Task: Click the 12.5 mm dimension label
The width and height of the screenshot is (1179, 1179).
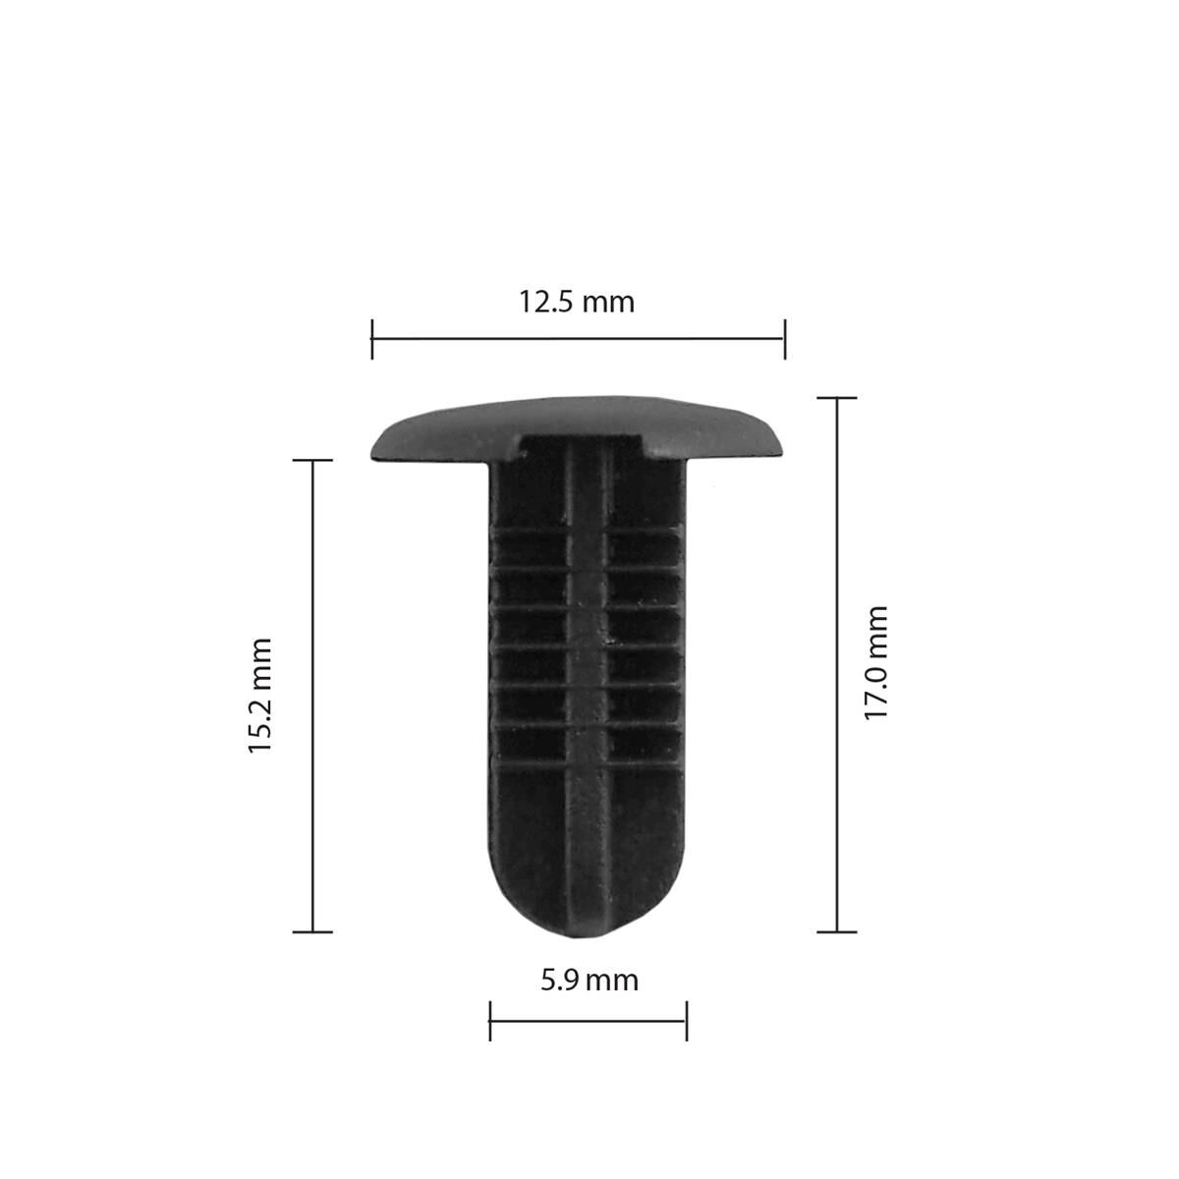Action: click(577, 302)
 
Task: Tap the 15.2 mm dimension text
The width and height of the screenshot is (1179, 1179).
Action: click(259, 695)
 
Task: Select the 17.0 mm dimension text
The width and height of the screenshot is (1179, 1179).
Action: click(875, 663)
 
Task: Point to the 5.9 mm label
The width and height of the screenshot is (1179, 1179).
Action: click(589, 980)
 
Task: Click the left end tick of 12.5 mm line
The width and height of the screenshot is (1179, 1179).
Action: click(372, 339)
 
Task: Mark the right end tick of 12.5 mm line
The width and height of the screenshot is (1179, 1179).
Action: click(784, 339)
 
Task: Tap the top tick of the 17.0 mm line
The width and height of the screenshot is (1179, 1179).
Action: click(837, 398)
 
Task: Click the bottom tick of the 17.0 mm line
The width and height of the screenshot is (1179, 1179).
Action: click(837, 931)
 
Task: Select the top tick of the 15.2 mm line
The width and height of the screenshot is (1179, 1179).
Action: click(313, 460)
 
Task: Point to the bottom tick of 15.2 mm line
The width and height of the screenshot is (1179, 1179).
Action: click(313, 931)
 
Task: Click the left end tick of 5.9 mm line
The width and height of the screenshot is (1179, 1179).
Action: click(490, 1021)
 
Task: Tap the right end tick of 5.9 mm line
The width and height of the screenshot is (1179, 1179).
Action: click(686, 1021)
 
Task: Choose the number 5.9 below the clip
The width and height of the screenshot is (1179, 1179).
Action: click(559, 980)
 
